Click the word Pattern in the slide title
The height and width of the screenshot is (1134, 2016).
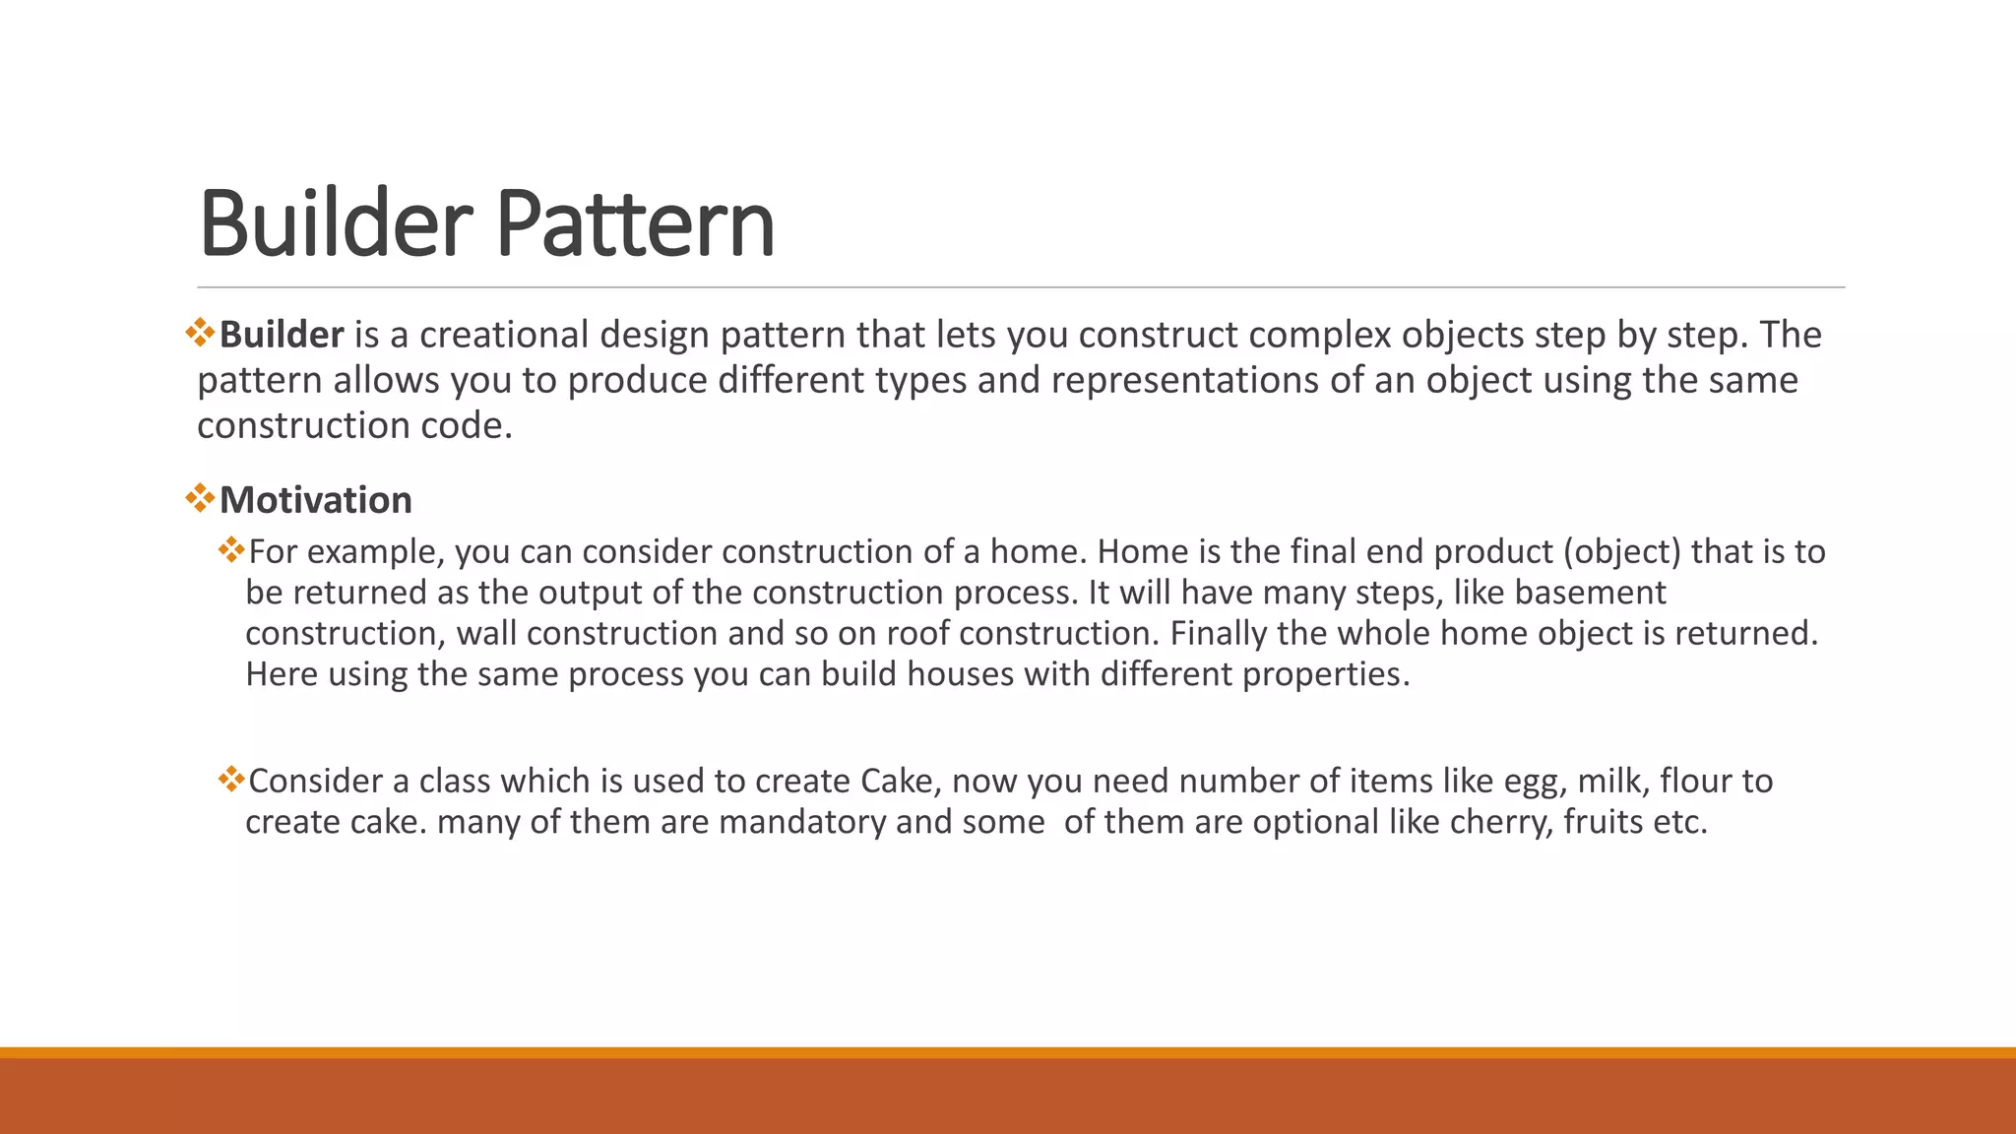click(x=635, y=224)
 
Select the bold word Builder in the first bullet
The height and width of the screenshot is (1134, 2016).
click(x=282, y=335)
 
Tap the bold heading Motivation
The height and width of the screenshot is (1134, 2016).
click(x=315, y=500)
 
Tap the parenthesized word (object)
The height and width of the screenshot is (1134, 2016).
click(x=1622, y=551)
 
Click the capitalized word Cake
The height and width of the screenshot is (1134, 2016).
click(x=896, y=781)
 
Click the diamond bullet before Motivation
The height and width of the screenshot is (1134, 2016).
click(x=200, y=498)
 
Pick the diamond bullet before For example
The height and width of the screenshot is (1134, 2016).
click(x=231, y=549)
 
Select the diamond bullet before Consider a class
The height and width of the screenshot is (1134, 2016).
click(x=231, y=780)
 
